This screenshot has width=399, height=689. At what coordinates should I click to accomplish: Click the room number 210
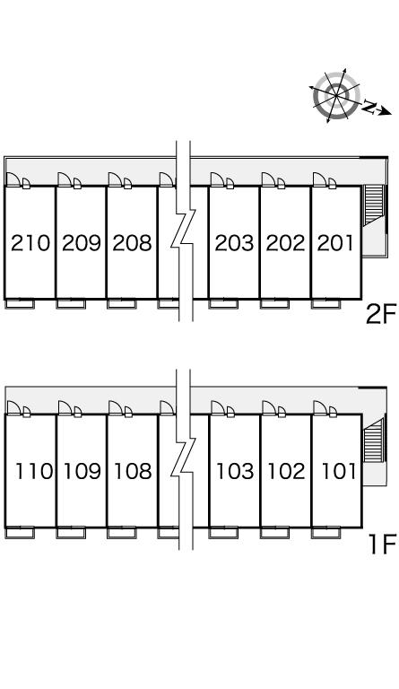(x=30, y=243)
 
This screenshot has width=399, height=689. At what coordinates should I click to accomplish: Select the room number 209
(x=82, y=243)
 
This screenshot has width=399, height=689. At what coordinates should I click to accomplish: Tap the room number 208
(x=132, y=243)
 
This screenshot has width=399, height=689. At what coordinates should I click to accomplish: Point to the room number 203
(x=234, y=243)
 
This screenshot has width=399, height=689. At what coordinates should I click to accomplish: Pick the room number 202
(x=285, y=243)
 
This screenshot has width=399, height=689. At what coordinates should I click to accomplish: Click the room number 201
(x=335, y=243)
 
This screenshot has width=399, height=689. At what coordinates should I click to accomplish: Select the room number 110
(x=34, y=471)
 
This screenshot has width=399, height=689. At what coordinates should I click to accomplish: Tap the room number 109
(x=82, y=471)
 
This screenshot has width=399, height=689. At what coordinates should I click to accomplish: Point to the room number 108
(x=133, y=471)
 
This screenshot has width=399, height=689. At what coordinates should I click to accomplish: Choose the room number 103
(x=235, y=471)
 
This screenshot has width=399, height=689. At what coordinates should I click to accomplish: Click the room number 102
(x=286, y=471)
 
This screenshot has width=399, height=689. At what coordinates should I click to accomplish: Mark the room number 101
(x=338, y=471)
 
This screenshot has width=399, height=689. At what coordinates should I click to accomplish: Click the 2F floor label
(x=381, y=315)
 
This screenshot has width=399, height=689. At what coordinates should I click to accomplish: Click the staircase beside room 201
(x=375, y=205)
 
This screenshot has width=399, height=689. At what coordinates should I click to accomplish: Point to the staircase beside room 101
(x=374, y=440)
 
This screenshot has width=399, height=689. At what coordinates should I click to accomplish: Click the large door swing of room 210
(x=13, y=179)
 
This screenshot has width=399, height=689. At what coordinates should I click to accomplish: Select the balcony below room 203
(x=223, y=303)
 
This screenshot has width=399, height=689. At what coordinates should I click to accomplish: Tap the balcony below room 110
(x=20, y=532)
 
